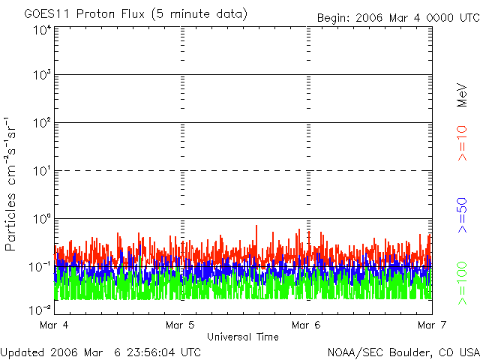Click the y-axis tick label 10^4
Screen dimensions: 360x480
41,30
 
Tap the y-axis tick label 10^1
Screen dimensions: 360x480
41,172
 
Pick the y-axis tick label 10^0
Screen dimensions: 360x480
41,220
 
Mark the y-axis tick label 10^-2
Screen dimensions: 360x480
40,309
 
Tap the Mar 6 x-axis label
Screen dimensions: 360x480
306,325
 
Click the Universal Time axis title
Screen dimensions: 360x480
243,337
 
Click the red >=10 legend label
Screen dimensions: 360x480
463,143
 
